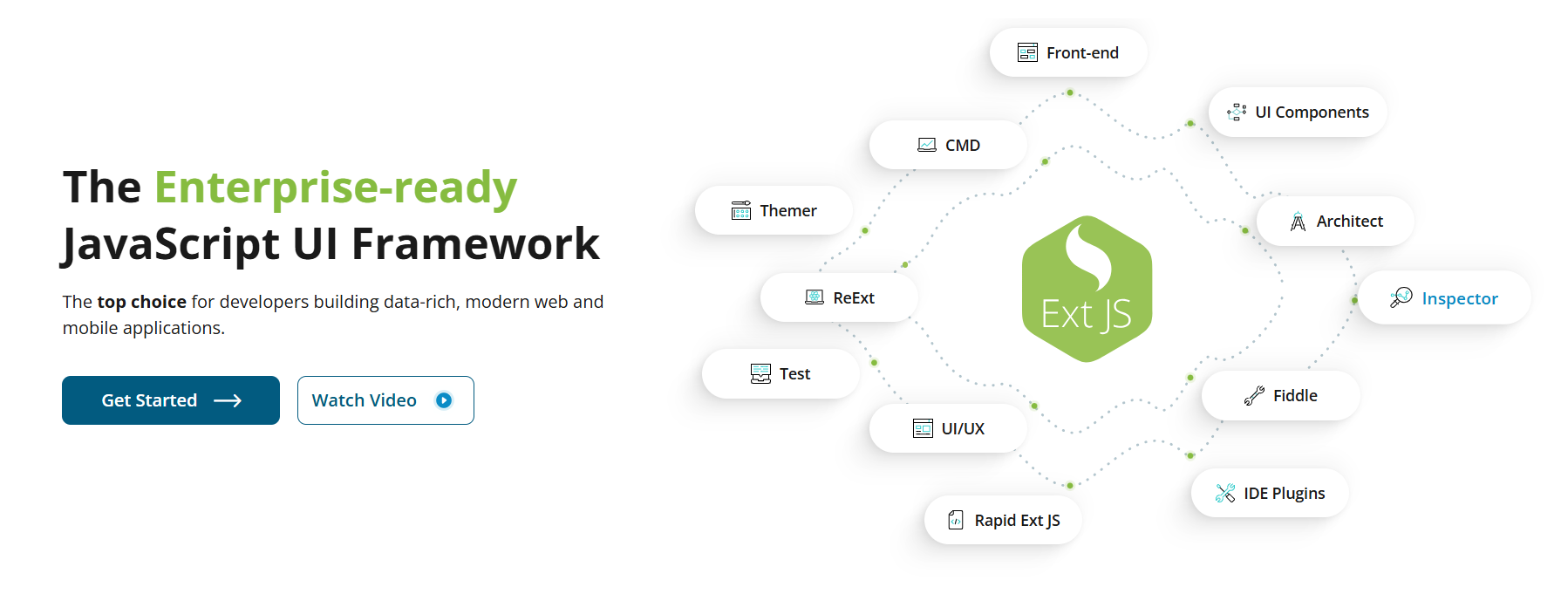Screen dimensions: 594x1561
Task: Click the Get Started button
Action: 170,400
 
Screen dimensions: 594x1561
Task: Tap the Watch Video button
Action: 385,400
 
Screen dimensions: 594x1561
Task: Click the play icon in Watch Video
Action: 444,400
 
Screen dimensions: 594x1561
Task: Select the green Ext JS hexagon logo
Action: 1087,289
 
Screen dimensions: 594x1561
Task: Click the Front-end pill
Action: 1068,52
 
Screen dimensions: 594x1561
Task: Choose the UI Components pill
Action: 1298,113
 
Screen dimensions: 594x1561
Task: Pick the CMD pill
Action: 949,145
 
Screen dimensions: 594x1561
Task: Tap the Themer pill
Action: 774,210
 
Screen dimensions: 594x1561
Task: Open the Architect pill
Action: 1335,222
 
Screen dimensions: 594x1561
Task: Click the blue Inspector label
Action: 1459,298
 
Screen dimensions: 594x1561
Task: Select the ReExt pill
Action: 839,297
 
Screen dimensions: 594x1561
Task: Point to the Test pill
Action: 780,374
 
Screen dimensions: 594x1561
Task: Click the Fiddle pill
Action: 1280,396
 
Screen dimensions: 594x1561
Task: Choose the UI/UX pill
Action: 948,428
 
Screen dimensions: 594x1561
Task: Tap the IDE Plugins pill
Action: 1270,494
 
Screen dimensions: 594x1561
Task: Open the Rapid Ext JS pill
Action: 1003,521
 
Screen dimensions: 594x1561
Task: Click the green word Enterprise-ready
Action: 336,187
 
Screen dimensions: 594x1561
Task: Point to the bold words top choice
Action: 141,302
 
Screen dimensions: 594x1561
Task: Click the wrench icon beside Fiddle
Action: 1254,396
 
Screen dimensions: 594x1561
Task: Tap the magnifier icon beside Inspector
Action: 1401,297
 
